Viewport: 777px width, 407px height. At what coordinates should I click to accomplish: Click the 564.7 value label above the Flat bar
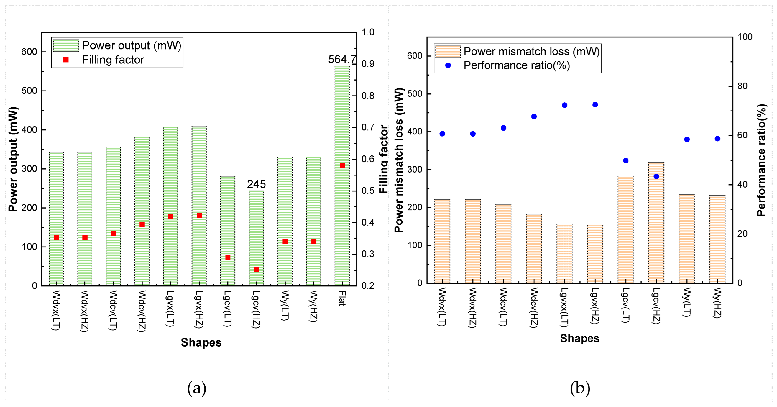click(x=342, y=59)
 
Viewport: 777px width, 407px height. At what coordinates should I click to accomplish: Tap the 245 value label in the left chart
click(x=256, y=184)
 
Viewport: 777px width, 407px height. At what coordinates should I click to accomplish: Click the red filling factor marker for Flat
click(x=342, y=165)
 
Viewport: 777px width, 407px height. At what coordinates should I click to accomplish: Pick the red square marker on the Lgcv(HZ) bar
click(x=257, y=270)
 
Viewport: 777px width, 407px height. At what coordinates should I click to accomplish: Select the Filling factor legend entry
click(x=113, y=60)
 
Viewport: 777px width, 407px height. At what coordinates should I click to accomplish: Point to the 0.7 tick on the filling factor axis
click(x=368, y=127)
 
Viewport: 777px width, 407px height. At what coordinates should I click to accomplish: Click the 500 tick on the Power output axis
click(x=29, y=91)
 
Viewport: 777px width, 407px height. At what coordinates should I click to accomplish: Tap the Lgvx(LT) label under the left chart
click(x=170, y=308)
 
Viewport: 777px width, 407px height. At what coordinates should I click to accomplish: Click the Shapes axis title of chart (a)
click(x=201, y=342)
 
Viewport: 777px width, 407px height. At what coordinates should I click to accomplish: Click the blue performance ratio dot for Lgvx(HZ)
click(x=595, y=105)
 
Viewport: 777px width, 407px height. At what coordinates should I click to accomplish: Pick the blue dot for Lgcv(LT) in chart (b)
click(x=626, y=160)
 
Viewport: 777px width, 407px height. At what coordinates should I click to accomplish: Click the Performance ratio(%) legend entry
click(x=516, y=65)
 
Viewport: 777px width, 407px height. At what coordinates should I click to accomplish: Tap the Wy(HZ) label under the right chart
click(x=717, y=303)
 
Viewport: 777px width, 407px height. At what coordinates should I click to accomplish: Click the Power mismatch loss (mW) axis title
click(x=398, y=160)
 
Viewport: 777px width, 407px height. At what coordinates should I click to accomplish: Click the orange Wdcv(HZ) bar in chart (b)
click(x=534, y=249)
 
